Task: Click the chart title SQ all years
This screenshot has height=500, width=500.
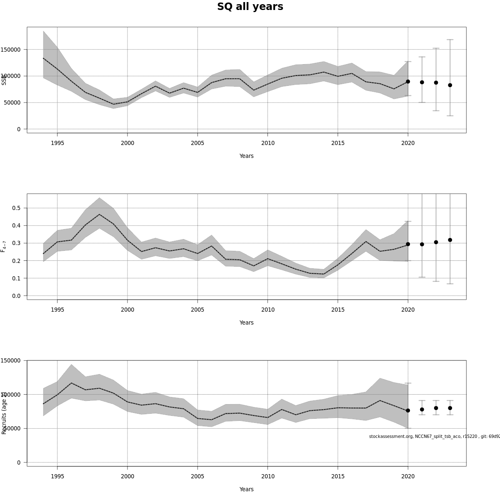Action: [250, 7]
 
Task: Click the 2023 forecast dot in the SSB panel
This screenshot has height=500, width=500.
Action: [450, 85]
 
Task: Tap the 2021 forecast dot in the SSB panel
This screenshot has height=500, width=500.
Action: [422, 82]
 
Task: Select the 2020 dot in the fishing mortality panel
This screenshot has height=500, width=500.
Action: [408, 244]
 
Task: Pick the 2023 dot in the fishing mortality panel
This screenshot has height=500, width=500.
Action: [450, 240]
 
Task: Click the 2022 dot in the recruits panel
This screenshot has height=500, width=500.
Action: [436, 408]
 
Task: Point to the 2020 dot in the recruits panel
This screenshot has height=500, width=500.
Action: [408, 410]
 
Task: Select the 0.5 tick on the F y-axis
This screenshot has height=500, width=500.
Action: [16, 208]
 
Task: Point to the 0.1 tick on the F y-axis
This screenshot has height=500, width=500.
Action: [16, 278]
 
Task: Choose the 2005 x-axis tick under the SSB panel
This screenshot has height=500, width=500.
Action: [197, 143]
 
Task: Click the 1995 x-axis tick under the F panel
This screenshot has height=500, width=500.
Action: [57, 310]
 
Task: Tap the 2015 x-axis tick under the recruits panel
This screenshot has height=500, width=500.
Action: [338, 476]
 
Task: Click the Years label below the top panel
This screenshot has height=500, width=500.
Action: [246, 156]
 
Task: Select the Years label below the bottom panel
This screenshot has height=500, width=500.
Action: [246, 489]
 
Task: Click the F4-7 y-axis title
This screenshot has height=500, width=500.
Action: [4, 246]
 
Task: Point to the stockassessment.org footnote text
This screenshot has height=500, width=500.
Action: [433, 436]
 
